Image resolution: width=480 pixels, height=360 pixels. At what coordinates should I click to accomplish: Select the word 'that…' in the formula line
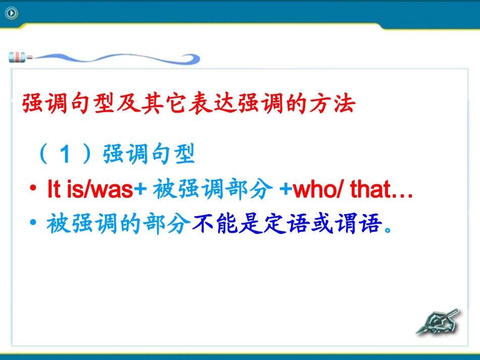[x=381, y=190]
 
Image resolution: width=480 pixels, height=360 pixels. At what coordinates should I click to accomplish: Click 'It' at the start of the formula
[x=53, y=190]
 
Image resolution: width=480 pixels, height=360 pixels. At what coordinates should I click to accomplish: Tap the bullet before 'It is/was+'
[x=33, y=190]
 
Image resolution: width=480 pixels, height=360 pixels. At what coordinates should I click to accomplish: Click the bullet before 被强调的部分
[x=33, y=224]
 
